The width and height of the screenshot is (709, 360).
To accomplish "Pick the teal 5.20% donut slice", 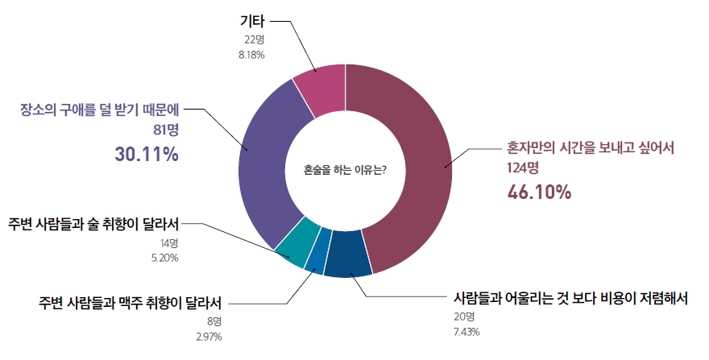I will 292,246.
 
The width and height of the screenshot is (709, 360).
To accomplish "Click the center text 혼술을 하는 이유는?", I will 345,170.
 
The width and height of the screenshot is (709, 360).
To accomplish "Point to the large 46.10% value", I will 539,192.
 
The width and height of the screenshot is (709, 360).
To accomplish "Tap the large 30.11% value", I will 146,154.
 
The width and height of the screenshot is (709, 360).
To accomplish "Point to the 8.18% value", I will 249,55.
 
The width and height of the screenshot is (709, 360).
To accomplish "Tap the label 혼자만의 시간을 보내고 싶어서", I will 590,149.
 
